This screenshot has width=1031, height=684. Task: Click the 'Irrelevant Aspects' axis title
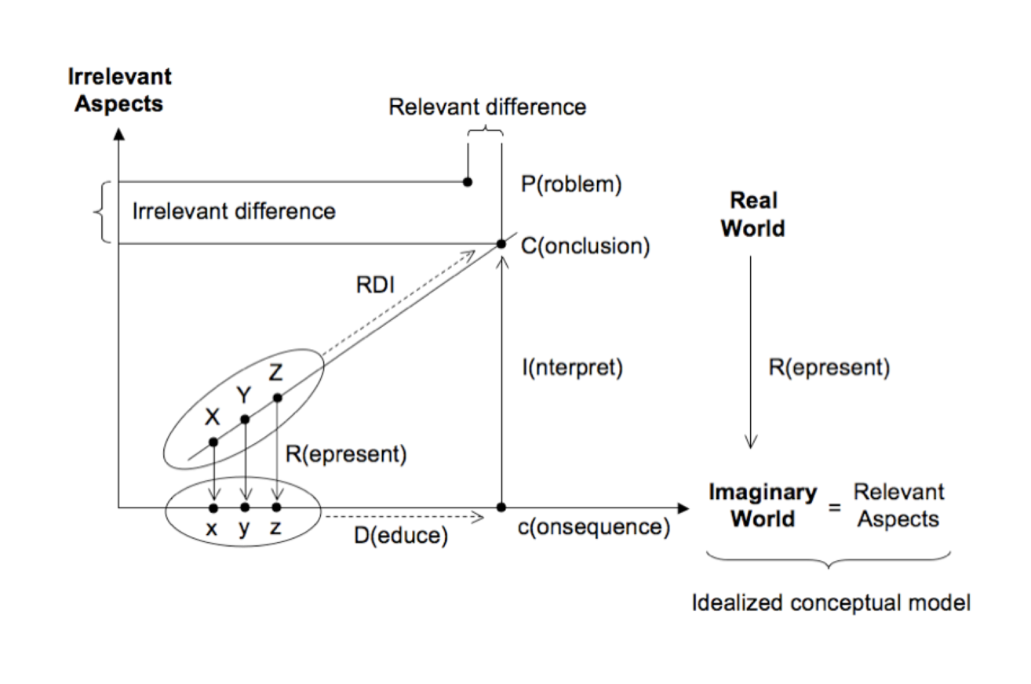point(119,89)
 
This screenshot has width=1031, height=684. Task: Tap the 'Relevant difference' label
point(487,107)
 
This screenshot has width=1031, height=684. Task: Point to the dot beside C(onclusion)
point(501,243)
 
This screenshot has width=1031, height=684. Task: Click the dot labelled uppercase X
point(213,442)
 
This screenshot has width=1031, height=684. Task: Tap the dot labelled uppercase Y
point(245,420)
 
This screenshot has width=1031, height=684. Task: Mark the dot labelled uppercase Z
point(276,398)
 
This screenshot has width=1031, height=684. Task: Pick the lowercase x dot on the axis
point(213,508)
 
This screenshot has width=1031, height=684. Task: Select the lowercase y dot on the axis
point(245,508)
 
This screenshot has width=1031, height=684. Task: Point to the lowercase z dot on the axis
point(276,508)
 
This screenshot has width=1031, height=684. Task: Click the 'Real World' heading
point(752,213)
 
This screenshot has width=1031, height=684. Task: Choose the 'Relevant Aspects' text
point(898,506)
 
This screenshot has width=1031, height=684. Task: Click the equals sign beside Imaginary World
point(835,508)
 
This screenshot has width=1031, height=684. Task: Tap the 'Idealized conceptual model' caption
point(831,604)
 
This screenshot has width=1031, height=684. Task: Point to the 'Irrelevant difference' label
point(234,212)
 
